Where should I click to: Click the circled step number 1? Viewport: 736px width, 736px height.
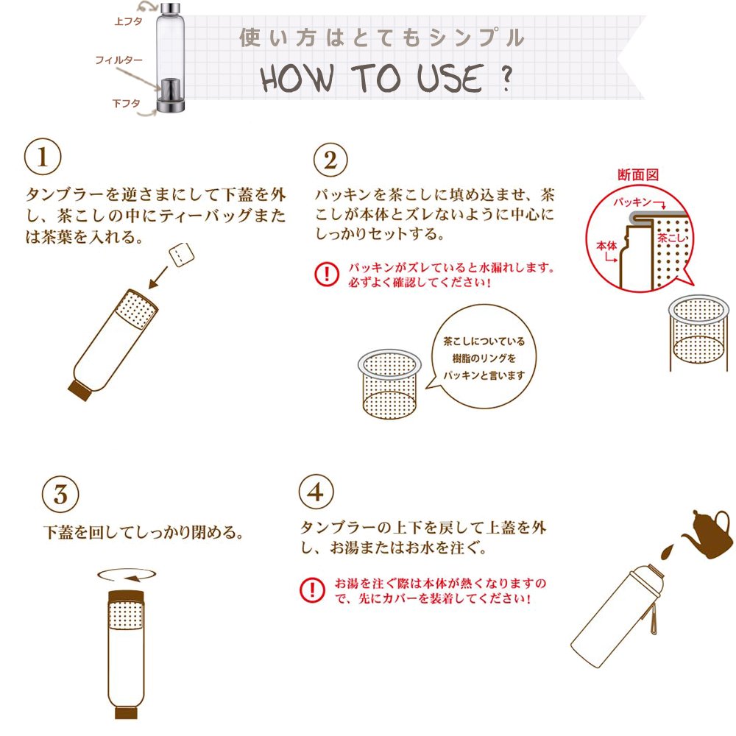[43, 157]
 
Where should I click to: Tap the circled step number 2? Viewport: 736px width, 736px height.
[331, 160]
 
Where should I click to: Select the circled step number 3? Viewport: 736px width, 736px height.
[60, 495]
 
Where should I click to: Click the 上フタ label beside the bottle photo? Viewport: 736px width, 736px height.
[128, 21]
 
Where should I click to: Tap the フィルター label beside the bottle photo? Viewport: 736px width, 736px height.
[118, 60]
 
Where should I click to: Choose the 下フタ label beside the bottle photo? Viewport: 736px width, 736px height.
[127, 103]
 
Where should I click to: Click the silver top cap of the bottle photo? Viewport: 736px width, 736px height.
[171, 9]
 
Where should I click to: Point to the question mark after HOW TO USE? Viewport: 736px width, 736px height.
[506, 79]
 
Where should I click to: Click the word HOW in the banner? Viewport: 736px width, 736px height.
[297, 78]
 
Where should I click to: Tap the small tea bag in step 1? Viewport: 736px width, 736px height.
[181, 255]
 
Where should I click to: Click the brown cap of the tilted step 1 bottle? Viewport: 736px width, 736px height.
[79, 391]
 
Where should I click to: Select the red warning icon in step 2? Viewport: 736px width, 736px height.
[326, 274]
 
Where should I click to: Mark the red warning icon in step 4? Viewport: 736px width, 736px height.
[312, 590]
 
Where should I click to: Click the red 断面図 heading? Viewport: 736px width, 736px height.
[638, 174]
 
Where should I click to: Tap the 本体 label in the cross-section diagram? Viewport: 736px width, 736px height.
[606, 246]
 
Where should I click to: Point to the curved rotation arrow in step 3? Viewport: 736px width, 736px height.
[127, 576]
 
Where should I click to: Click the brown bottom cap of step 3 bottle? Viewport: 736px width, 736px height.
[126, 712]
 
